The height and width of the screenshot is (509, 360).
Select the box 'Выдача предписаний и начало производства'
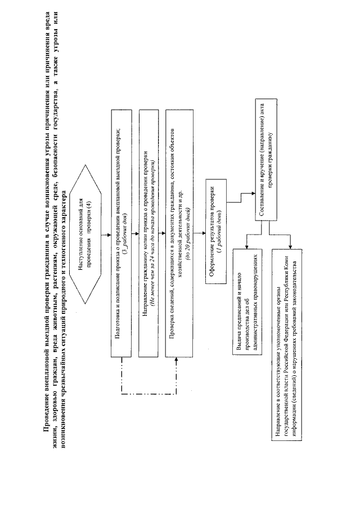click(247, 312)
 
